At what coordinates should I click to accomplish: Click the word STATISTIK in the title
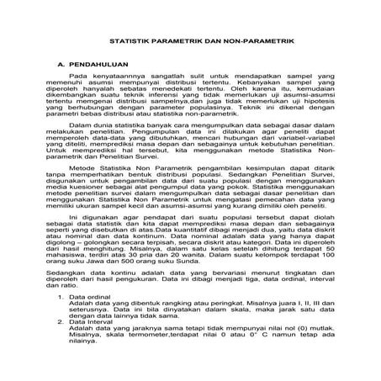pos(131,40)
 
